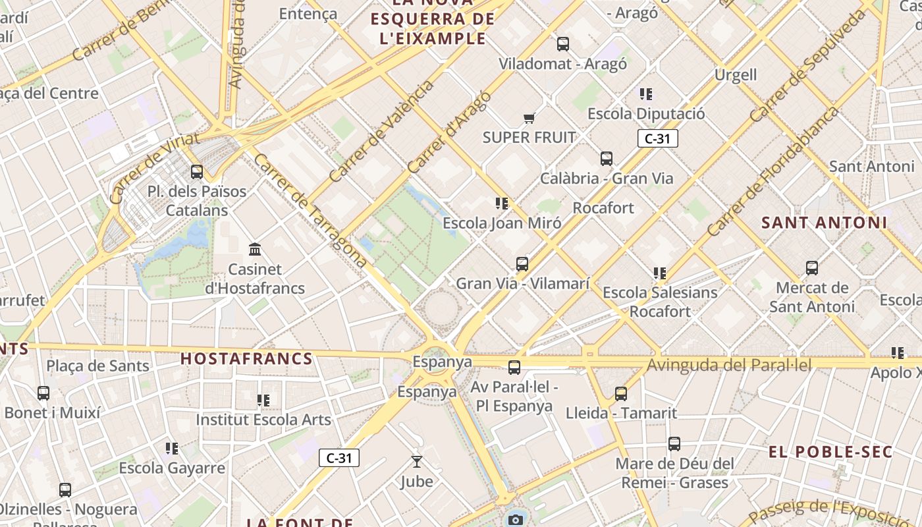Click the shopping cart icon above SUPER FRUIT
(x=529, y=119)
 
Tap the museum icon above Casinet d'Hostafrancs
(x=255, y=249)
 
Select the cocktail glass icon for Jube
(x=416, y=462)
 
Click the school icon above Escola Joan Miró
(x=502, y=204)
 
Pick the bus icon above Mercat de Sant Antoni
(x=812, y=268)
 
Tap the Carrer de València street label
(x=381, y=131)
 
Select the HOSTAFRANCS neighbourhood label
(x=246, y=359)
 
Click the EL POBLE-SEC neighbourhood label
(x=830, y=452)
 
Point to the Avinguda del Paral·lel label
(x=729, y=365)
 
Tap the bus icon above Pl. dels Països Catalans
(x=196, y=172)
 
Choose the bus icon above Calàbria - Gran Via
(x=607, y=159)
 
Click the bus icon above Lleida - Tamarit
(x=621, y=394)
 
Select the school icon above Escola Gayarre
(x=172, y=449)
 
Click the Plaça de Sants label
(x=98, y=366)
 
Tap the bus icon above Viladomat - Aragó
(x=562, y=44)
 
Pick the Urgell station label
(x=736, y=74)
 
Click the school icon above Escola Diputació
(x=646, y=94)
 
